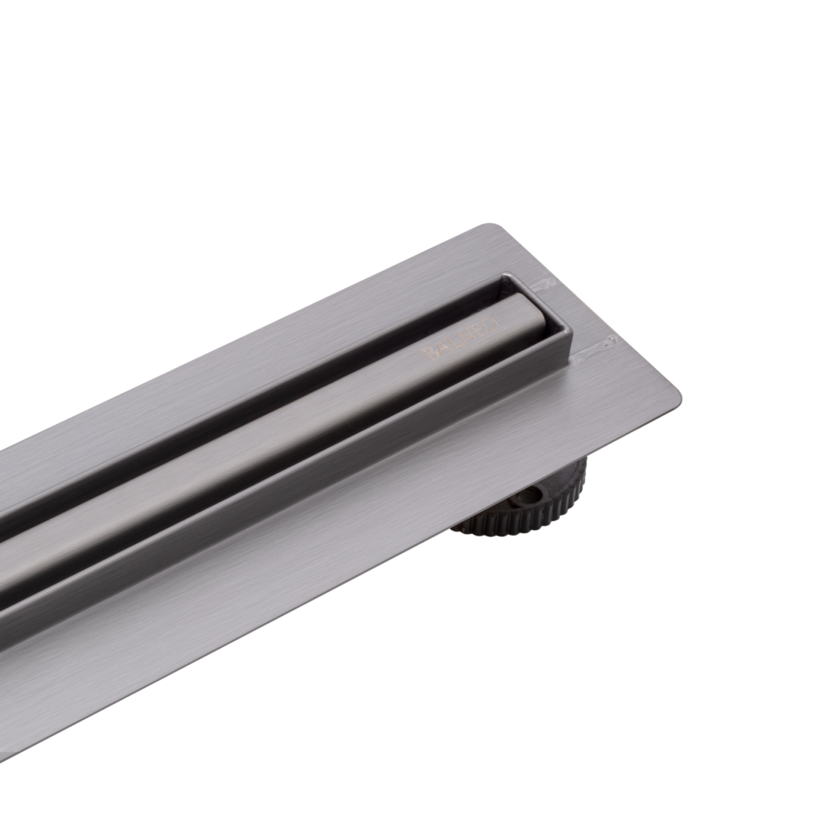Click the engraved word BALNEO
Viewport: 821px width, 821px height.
[460, 339]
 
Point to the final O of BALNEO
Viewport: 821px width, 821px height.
[492, 324]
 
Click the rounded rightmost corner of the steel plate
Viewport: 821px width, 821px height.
[677, 394]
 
